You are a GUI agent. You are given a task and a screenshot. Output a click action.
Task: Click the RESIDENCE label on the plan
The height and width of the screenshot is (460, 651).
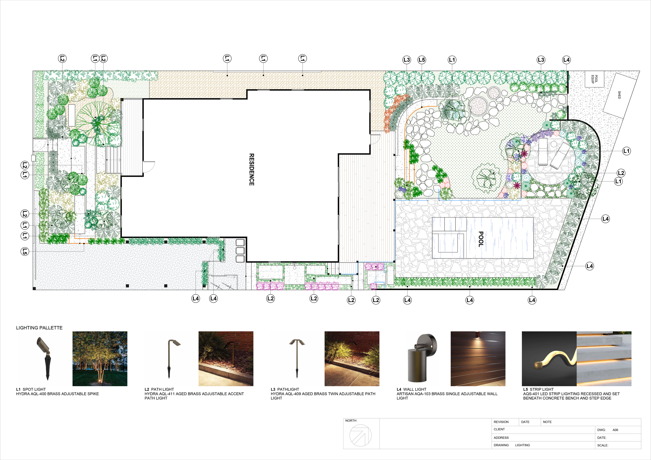pyautogui.click(x=252, y=170)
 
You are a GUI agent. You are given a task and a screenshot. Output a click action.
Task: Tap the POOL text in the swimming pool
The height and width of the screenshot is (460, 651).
pyautogui.click(x=481, y=239)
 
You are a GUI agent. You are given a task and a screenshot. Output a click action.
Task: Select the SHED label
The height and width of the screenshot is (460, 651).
pyautogui.click(x=619, y=95)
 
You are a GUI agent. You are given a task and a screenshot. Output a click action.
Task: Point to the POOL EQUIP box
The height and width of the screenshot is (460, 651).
pyautogui.click(x=594, y=79)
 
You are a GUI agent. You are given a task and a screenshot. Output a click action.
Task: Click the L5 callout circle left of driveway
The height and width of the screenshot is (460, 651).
pyautogui.click(x=25, y=251)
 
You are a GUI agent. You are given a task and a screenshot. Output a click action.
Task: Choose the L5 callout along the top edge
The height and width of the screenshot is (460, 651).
pyautogui.click(x=422, y=60)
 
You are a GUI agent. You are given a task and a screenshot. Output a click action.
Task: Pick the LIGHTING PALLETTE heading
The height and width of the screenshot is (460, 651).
pyautogui.click(x=39, y=328)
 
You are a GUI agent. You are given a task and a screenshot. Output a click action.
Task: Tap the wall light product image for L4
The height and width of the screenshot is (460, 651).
pyautogui.click(x=422, y=358)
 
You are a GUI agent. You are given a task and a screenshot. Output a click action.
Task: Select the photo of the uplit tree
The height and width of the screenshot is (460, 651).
pyautogui.click(x=100, y=359)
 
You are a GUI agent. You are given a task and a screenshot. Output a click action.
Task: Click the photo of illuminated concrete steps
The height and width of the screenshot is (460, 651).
pyautogui.click(x=604, y=359)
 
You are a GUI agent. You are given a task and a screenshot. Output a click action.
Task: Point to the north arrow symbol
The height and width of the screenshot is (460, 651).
pyautogui.click(x=360, y=435)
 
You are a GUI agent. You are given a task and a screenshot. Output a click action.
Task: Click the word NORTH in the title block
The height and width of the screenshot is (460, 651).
pyautogui.click(x=351, y=421)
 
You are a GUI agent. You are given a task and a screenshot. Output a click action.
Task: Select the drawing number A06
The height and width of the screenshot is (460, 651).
pyautogui.click(x=615, y=430)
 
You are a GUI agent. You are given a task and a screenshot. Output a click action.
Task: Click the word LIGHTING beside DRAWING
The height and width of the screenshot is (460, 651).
pyautogui.click(x=522, y=445)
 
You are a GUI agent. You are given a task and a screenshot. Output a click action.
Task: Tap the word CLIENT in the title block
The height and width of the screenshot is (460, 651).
pyautogui.click(x=499, y=429)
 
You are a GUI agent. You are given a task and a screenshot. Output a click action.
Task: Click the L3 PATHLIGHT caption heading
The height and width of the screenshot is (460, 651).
pyautogui.click(x=285, y=389)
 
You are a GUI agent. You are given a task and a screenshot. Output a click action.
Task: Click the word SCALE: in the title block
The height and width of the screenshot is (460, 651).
pyautogui.click(x=603, y=445)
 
